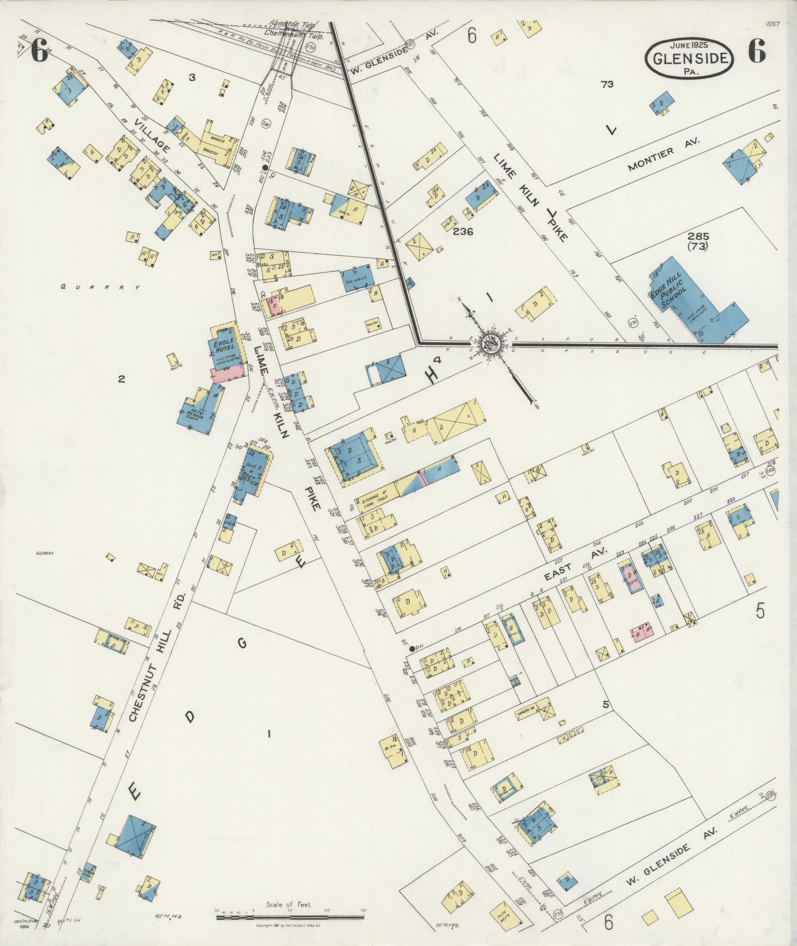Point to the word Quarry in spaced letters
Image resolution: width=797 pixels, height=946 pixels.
pyautogui.click(x=99, y=286)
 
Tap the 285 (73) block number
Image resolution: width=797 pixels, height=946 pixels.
pyautogui.click(x=700, y=240)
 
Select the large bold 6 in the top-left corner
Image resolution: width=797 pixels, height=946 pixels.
pyautogui.click(x=40, y=51)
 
